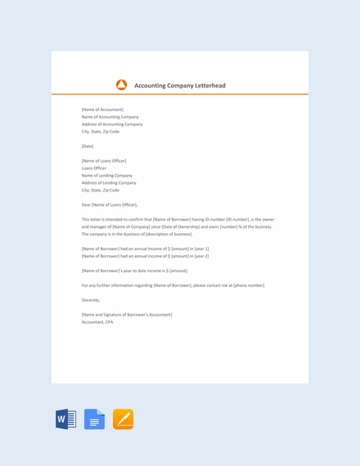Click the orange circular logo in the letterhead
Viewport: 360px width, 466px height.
point(121,84)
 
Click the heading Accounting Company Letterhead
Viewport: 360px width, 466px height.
point(179,85)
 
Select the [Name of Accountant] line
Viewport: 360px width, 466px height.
point(102,110)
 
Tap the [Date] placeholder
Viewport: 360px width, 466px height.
point(88,146)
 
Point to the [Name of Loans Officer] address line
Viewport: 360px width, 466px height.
point(104,160)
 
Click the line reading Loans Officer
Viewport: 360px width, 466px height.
point(94,168)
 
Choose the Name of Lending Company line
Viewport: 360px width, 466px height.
point(107,175)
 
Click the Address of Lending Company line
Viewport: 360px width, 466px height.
point(109,182)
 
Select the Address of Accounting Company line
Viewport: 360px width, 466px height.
point(112,124)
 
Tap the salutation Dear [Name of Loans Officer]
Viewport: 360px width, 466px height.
point(110,204)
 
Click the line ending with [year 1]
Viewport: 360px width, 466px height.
point(145,248)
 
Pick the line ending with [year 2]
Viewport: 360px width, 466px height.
point(145,256)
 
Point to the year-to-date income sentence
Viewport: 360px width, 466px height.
point(134,270)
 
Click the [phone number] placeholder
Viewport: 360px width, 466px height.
point(249,285)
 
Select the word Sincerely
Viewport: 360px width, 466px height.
point(90,300)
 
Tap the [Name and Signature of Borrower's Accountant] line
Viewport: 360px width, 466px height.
point(127,315)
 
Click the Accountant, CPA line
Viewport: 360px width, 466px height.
point(97,322)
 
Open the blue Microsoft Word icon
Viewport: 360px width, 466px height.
point(66,419)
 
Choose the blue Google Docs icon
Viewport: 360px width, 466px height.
point(94,419)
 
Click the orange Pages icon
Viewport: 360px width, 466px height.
point(123,419)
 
